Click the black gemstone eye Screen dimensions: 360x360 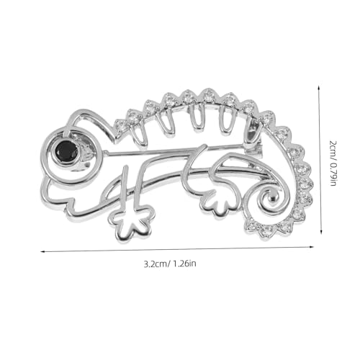[68, 150]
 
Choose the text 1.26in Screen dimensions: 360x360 [183, 264]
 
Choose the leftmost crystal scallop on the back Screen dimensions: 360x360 [134, 116]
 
